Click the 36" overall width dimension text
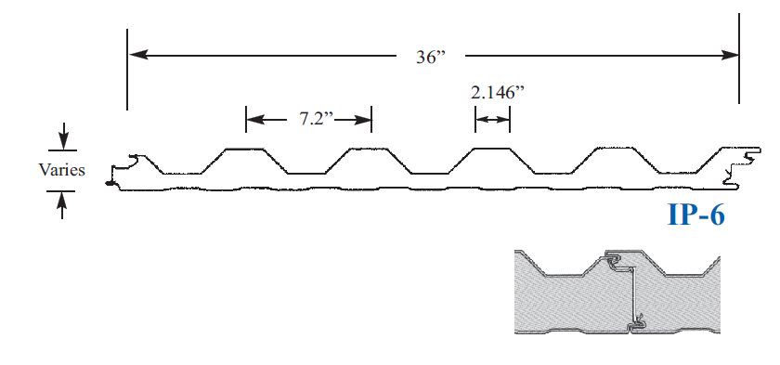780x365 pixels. (430, 57)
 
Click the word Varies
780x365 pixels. (61, 170)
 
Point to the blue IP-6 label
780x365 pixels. (696, 215)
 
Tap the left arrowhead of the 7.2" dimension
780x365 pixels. (253, 119)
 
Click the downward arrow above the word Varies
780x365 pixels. (62, 140)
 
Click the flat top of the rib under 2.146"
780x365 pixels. (492, 148)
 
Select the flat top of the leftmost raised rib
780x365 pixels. (243, 148)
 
